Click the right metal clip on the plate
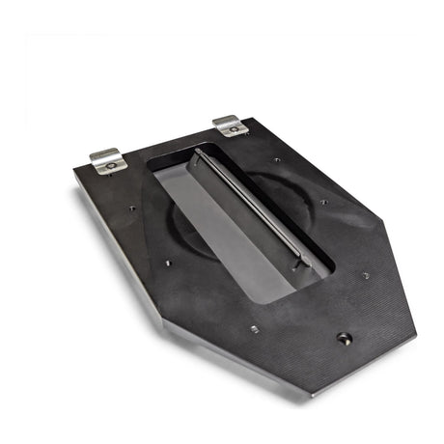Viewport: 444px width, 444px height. pyautogui.click(x=230, y=125)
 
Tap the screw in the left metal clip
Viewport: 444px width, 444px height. pyautogui.click(x=109, y=165)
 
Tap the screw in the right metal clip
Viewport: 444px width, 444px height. pyautogui.click(x=234, y=129)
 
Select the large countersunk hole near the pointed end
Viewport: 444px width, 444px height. pyautogui.click(x=344, y=338)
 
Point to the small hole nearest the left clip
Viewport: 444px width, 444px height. pyautogui.click(x=132, y=207)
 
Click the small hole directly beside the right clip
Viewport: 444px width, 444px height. pyautogui.click(x=277, y=159)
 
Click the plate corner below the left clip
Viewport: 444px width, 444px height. pyautogui.click(x=76, y=175)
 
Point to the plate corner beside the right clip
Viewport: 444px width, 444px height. pyautogui.click(x=255, y=120)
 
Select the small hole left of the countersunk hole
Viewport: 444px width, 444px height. pyautogui.click(x=254, y=328)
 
